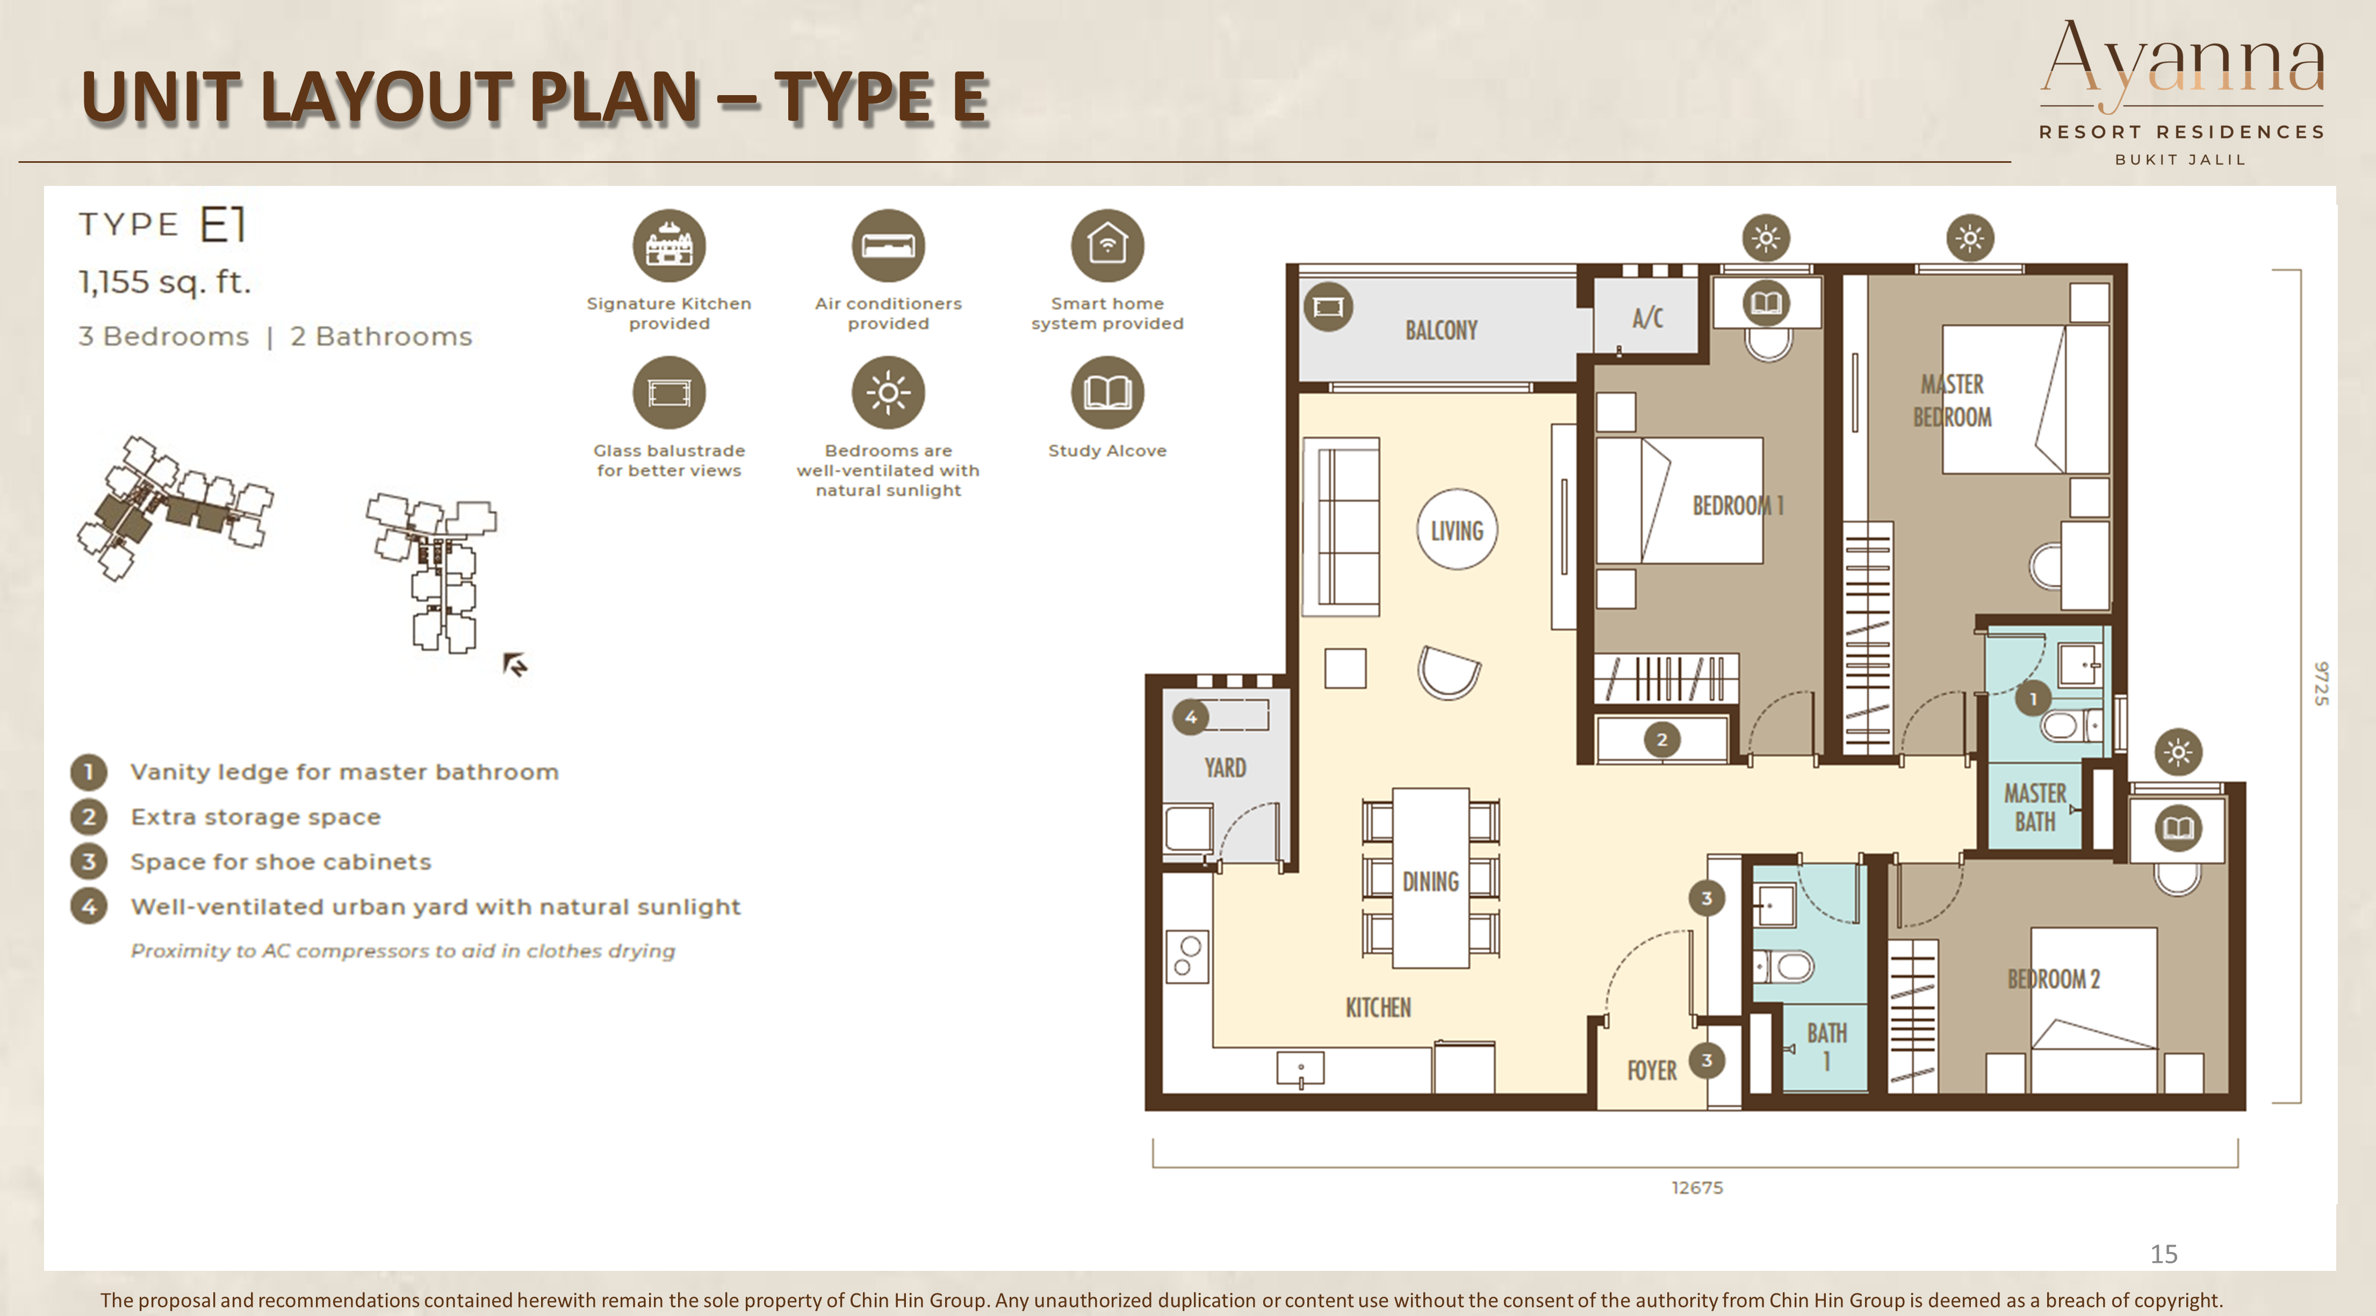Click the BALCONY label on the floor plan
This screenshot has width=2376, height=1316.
tap(1441, 330)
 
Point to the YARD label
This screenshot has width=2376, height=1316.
tap(1225, 767)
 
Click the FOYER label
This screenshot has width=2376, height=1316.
tap(1652, 1070)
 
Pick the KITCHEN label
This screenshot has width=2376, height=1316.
tap(1378, 1007)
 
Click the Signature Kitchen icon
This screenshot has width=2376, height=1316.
tap(669, 246)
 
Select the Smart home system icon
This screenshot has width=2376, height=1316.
tap(1107, 246)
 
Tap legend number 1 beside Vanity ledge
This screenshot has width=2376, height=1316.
tap(89, 772)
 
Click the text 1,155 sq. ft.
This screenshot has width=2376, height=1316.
tap(164, 281)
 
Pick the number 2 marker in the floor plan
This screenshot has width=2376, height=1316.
tap(1661, 739)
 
